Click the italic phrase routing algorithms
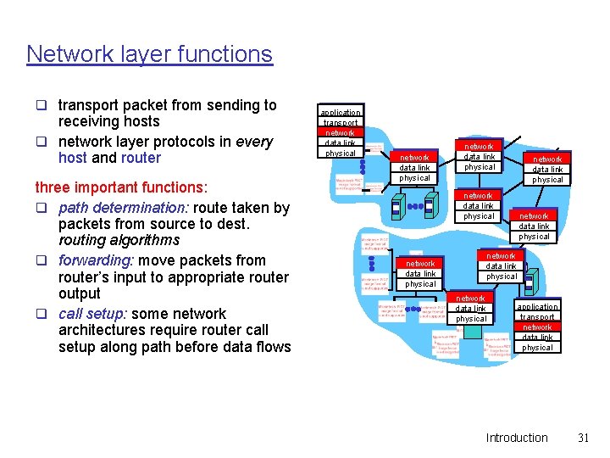(119, 240)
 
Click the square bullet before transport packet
(40, 106)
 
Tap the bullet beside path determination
(40, 209)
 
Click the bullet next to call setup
(40, 315)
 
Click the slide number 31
(582, 438)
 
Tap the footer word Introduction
(516, 438)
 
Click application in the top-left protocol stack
(341, 112)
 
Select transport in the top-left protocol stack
(341, 122)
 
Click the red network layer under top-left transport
(341, 132)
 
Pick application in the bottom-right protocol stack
(537, 306)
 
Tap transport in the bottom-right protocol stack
(537, 316)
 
